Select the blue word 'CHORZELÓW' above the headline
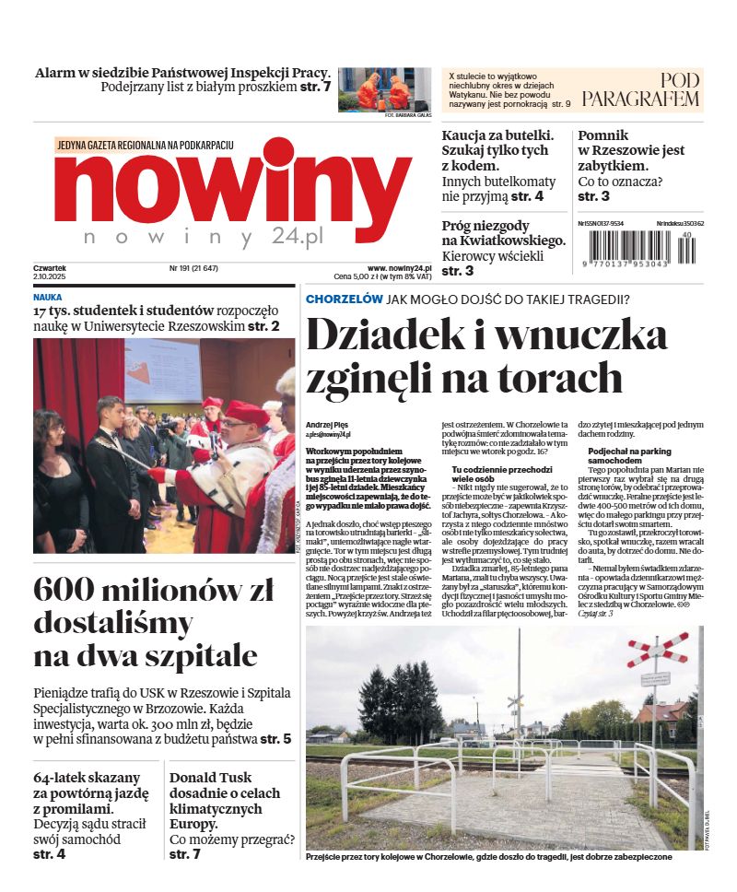click(344, 299)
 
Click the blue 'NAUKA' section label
click(48, 298)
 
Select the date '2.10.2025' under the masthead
click(52, 276)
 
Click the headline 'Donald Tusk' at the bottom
click(210, 777)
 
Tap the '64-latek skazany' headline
click(87, 777)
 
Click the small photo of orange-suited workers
click(384, 88)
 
